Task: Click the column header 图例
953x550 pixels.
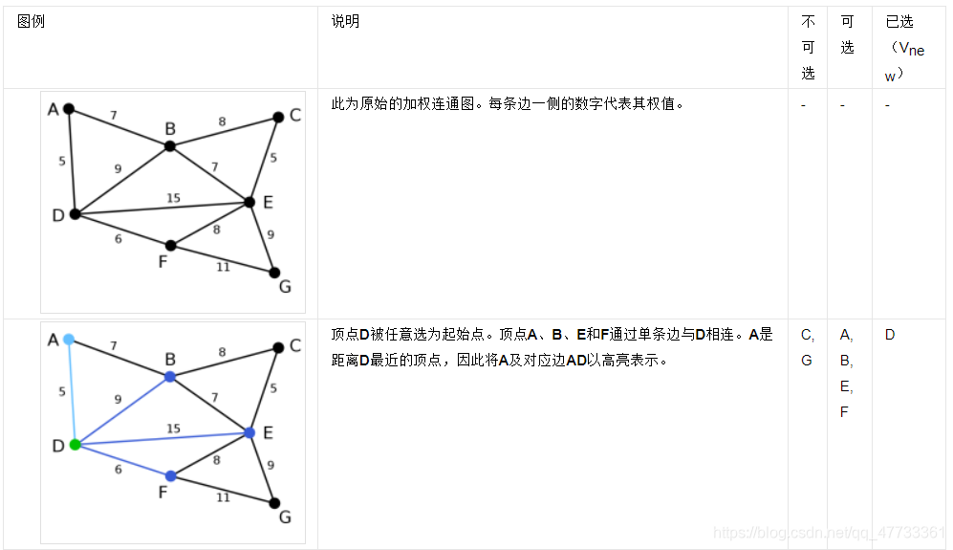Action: [32, 22]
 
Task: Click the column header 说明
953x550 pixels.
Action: [345, 22]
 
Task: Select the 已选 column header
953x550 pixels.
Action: [899, 22]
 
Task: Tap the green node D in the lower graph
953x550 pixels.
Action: [75, 445]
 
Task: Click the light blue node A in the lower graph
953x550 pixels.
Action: [69, 340]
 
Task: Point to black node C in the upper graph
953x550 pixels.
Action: [278, 117]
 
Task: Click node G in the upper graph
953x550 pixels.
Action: [274, 273]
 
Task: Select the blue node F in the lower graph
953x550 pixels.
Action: [170, 476]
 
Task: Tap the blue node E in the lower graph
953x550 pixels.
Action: [249, 433]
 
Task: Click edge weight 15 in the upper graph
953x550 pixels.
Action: [173, 199]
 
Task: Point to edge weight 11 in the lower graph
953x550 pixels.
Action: [223, 497]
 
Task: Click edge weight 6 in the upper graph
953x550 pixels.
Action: [119, 239]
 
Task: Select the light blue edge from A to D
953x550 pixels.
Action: [72, 392]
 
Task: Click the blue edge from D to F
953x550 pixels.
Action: [122, 460]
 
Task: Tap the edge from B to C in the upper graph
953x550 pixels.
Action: [224, 132]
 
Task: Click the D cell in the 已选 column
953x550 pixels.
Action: [890, 336]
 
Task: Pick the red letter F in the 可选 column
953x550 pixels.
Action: [844, 412]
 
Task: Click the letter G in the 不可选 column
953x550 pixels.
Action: [806, 362]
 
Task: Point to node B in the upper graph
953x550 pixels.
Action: [169, 146]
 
